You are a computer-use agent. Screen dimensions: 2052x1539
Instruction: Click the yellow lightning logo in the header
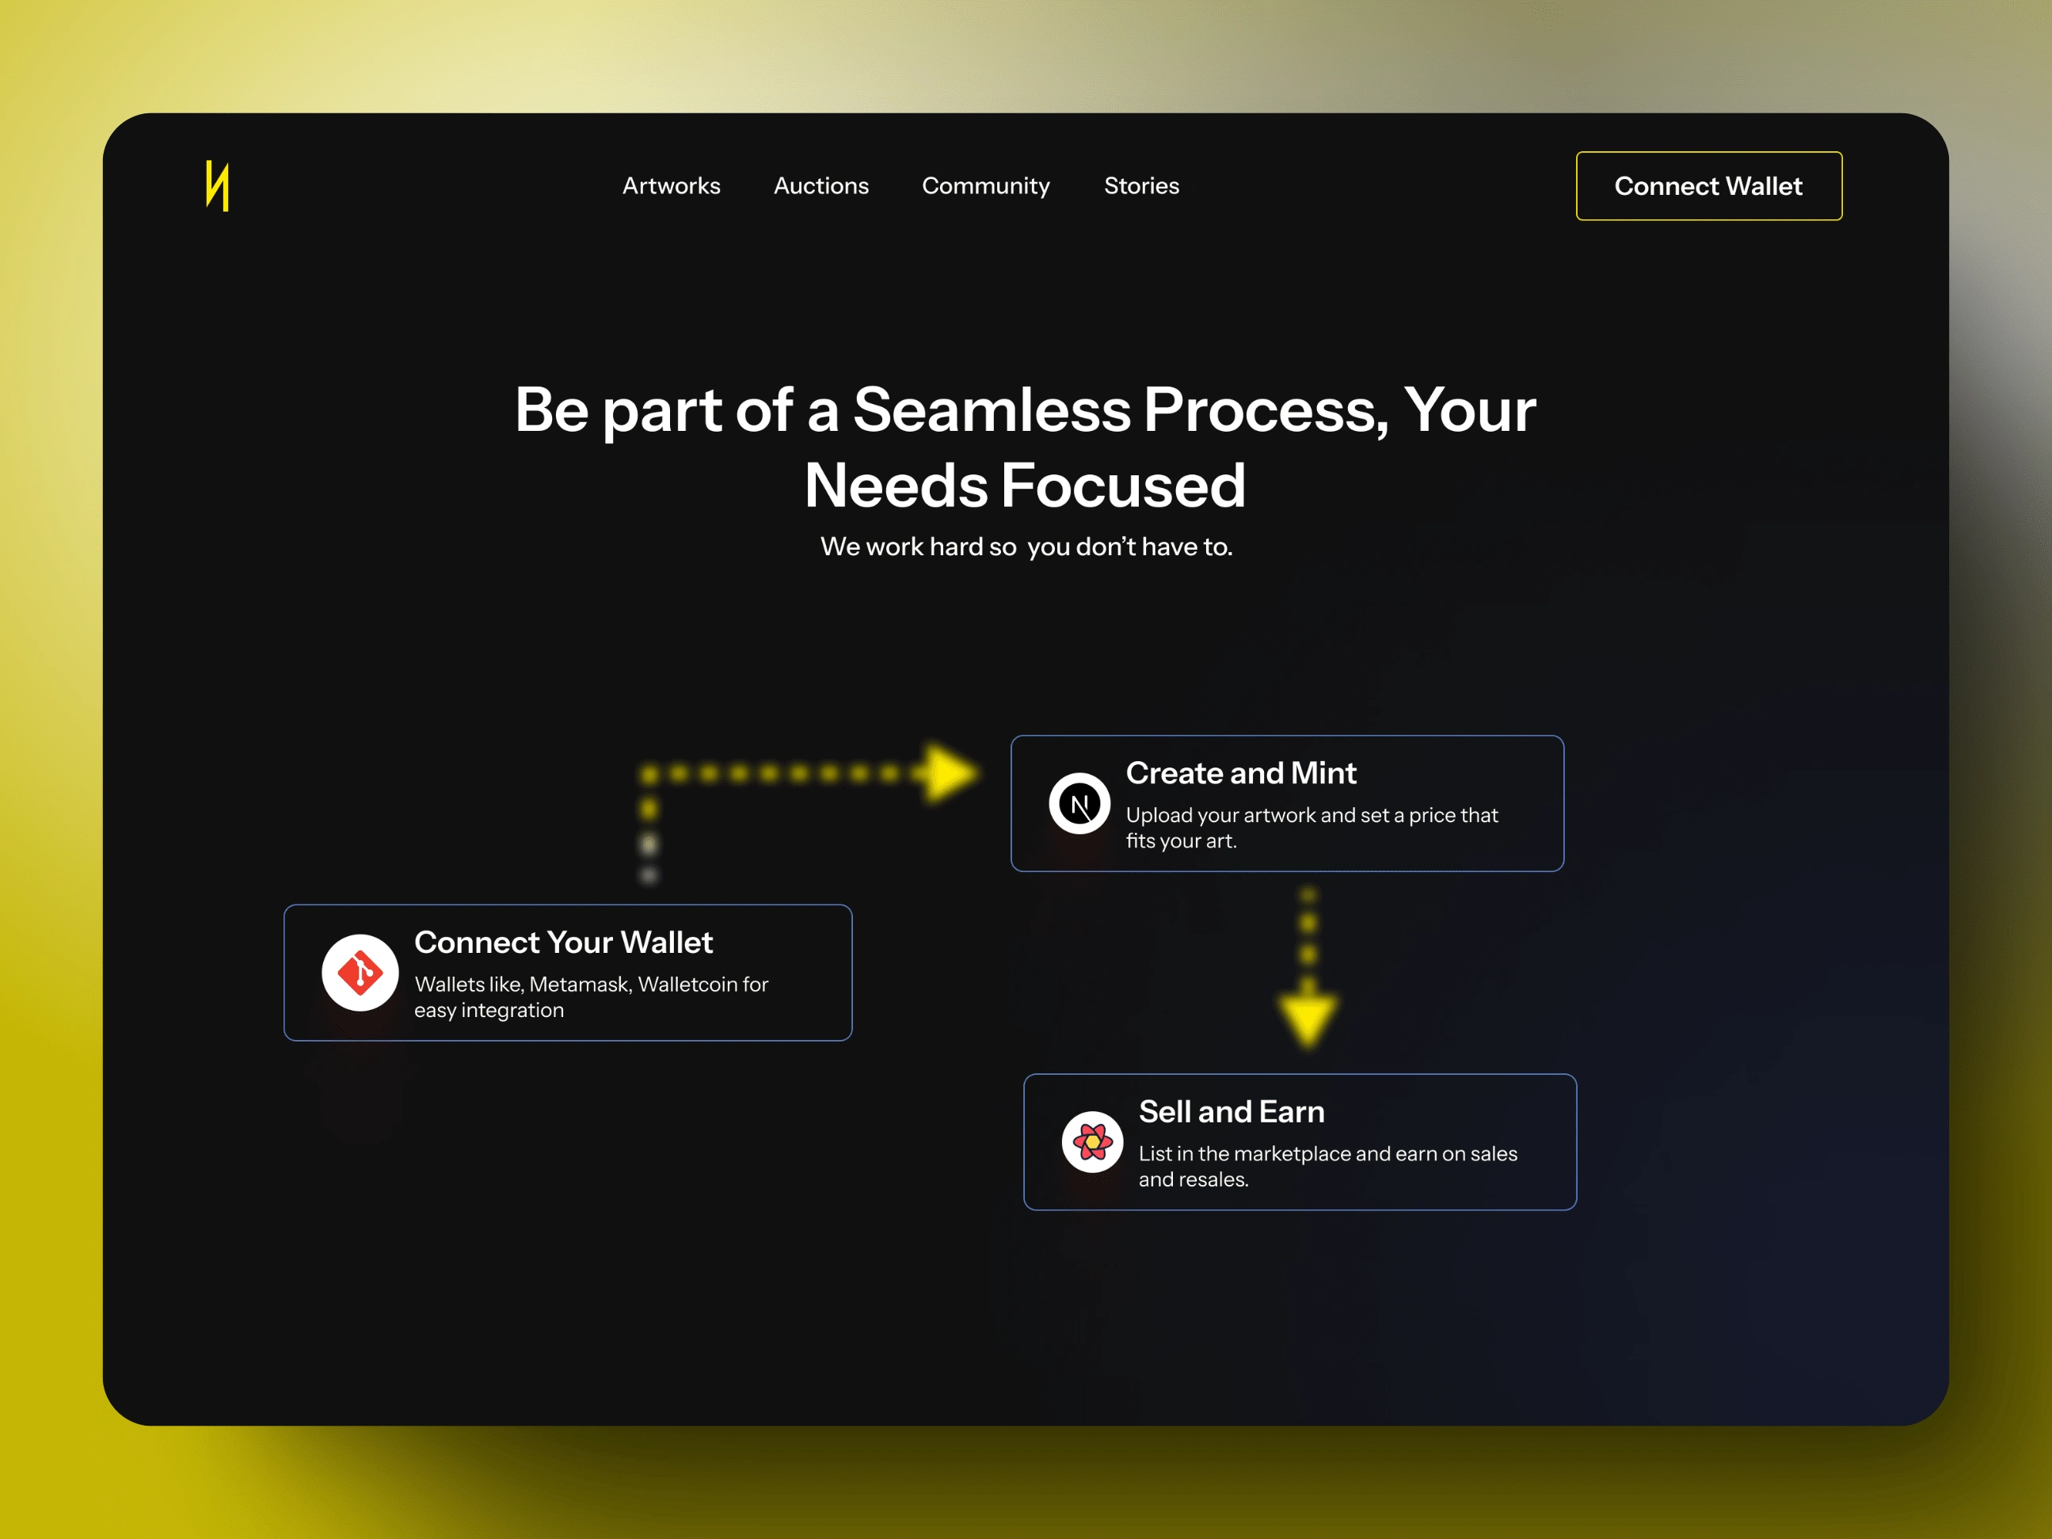pos(217,185)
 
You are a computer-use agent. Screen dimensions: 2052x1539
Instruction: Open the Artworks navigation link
pos(671,185)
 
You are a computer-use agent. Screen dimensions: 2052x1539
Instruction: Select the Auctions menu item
pos(821,185)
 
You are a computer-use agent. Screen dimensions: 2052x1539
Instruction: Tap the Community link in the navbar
pos(985,186)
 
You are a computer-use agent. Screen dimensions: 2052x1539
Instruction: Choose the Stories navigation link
pos(1141,185)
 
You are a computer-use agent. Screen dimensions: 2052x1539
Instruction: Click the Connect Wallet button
pos(1709,185)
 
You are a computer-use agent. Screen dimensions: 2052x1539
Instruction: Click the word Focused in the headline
pos(1122,486)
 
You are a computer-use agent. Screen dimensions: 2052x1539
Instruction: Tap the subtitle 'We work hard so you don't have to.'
pos(1026,547)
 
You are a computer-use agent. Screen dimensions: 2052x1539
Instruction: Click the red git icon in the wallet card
pos(360,972)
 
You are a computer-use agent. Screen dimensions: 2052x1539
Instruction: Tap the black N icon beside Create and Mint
pos(1079,803)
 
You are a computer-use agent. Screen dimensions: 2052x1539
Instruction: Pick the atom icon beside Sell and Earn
pos(1092,1142)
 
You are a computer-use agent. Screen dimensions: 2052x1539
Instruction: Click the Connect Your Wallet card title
pos(563,942)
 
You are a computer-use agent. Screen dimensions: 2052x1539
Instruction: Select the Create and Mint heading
pos(1240,773)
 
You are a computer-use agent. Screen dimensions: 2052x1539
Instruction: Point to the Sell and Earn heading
pos(1231,1111)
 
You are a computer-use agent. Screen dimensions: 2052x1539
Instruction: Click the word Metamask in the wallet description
pos(581,985)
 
